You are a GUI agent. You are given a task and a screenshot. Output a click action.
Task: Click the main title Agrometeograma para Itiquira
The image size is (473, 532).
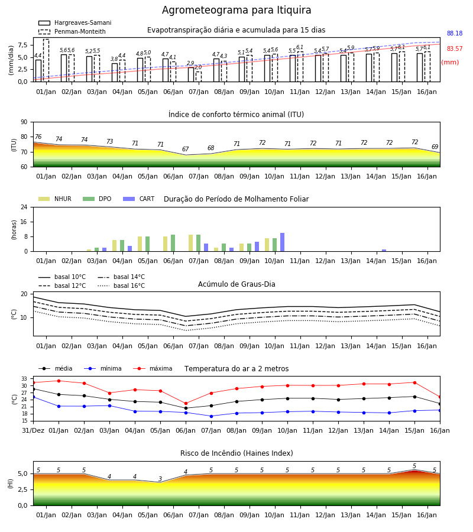click(237, 10)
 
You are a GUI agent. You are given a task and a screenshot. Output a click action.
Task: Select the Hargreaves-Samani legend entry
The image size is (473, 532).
click(75, 22)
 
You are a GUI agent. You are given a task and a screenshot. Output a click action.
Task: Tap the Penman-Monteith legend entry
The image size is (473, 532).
click(72, 31)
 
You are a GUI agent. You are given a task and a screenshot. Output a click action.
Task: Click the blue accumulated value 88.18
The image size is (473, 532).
click(455, 33)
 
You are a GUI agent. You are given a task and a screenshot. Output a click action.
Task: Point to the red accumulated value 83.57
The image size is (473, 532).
click(455, 48)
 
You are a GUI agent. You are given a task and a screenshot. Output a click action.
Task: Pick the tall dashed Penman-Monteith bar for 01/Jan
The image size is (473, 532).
click(46, 60)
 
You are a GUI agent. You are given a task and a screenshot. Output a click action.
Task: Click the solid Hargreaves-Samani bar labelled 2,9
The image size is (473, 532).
click(191, 74)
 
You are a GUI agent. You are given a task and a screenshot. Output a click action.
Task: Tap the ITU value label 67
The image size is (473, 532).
click(185, 150)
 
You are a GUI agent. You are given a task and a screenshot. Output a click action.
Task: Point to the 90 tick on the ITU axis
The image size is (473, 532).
click(24, 122)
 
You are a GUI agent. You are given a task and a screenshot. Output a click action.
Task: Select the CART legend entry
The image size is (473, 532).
click(139, 199)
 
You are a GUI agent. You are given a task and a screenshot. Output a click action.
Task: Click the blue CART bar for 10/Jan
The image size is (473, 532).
click(282, 242)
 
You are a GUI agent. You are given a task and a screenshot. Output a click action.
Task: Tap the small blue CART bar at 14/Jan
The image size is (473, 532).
click(384, 251)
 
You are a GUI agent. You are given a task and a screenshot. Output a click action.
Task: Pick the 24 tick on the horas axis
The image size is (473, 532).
click(24, 207)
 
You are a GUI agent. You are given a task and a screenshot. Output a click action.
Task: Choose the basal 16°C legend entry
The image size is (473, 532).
click(121, 286)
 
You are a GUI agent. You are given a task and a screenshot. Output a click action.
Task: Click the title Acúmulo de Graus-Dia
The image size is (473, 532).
click(237, 284)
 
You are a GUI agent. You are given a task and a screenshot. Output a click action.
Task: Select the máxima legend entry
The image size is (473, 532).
click(153, 368)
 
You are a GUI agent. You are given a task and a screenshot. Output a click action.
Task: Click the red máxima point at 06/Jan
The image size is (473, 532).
click(186, 404)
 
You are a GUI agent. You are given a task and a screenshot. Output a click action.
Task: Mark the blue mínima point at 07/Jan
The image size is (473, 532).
click(212, 416)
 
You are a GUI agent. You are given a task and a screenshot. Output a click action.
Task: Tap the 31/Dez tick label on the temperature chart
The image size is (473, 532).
click(33, 430)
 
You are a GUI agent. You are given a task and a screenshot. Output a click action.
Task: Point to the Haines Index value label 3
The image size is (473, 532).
click(160, 479)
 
